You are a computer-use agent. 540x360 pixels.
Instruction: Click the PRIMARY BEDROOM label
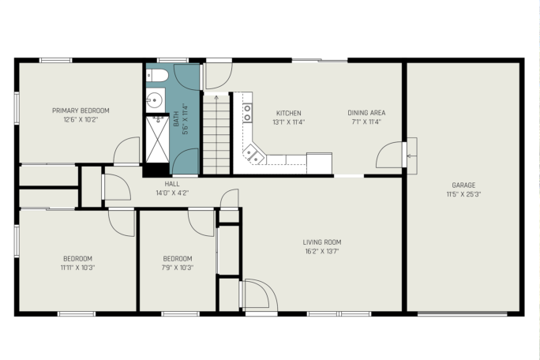pos(81,111)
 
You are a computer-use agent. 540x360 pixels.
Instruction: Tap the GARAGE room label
pos(463,185)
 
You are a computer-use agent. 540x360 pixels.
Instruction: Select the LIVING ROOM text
pos(322,242)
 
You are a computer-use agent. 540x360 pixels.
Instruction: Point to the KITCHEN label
pos(289,113)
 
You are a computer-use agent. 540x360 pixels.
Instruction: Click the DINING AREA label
pos(366,113)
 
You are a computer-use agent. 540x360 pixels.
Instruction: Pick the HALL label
pos(172,184)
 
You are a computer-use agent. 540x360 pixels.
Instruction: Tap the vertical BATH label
pos(176,118)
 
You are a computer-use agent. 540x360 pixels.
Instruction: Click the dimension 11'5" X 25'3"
pos(463,194)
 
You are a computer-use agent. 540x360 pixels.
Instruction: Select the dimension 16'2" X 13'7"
pos(322,251)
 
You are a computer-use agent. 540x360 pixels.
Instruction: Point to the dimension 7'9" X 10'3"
pos(178,268)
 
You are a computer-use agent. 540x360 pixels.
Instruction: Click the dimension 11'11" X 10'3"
pos(77,268)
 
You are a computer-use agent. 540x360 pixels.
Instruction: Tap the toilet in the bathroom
pos(156,75)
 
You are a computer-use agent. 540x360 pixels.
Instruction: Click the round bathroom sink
pos(155,100)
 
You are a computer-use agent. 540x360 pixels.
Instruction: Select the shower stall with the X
pos(157,139)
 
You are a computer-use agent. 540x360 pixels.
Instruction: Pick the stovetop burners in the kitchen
pos(247,113)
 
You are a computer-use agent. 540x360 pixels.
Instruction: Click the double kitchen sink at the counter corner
pos(253,153)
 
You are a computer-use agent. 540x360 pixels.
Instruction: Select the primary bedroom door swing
pos(126,151)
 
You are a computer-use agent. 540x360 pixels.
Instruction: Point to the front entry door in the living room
pos(259,294)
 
